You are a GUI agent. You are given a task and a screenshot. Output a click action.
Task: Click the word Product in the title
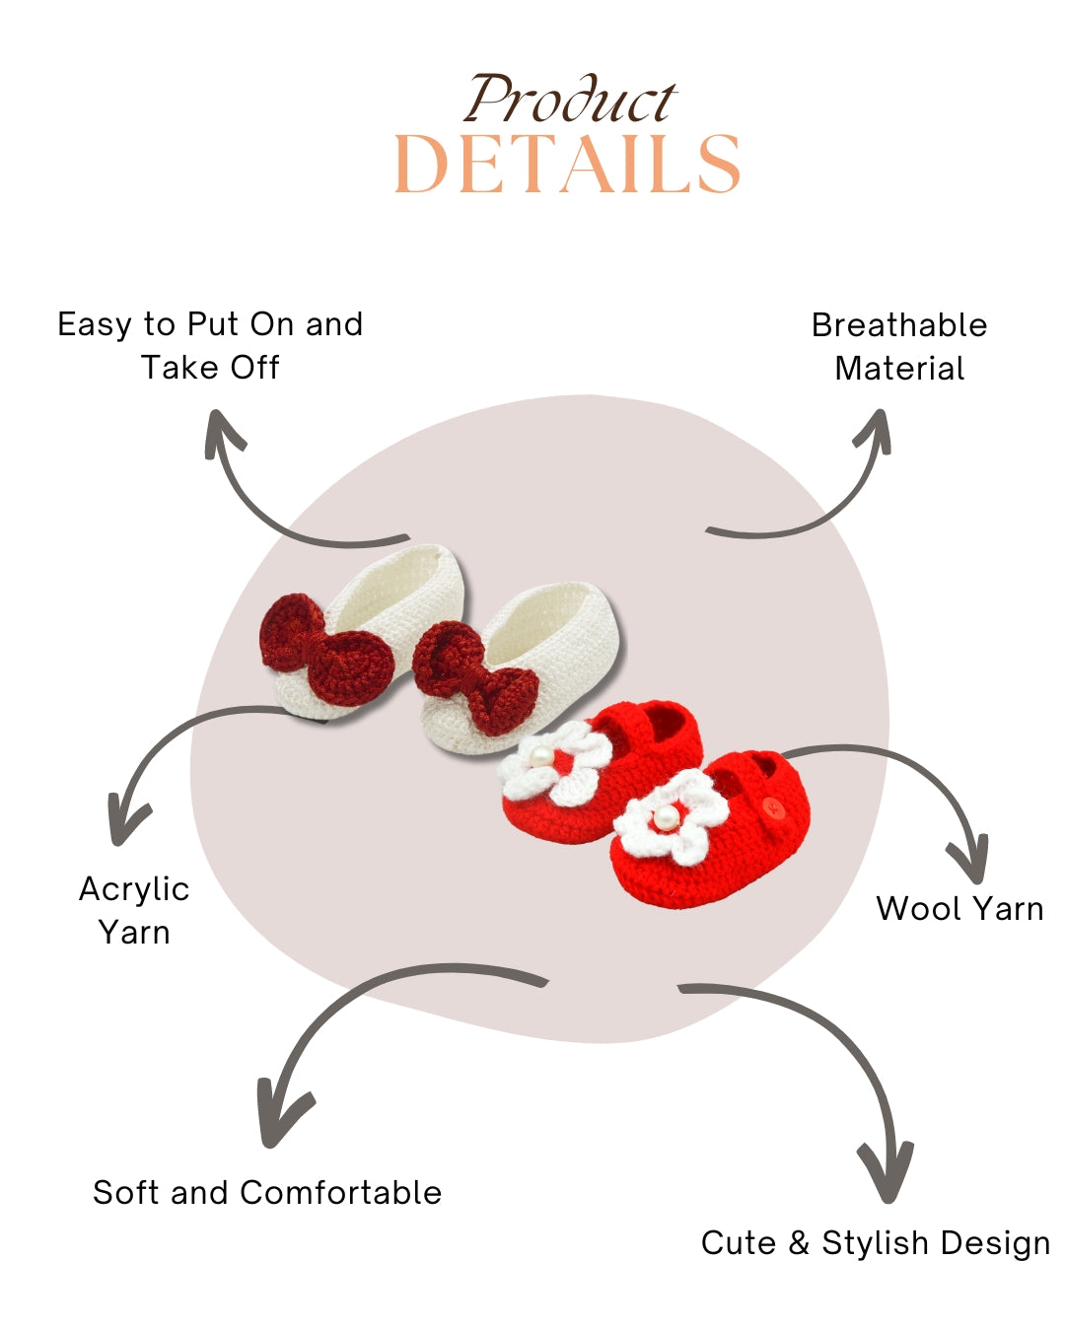[570, 101]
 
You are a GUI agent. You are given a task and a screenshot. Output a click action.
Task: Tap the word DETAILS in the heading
[567, 165]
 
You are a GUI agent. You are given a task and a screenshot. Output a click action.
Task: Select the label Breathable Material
[899, 346]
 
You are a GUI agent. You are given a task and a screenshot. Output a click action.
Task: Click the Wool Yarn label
[959, 908]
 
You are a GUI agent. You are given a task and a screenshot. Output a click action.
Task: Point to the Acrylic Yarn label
[134, 910]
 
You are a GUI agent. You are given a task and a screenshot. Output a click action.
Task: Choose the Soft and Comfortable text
[267, 1192]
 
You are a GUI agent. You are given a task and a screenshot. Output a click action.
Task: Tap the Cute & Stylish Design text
[876, 1242]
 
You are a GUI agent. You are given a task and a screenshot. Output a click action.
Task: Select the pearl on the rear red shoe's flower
[539, 756]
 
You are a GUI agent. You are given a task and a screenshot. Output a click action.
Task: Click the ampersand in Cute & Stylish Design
[798, 1242]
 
